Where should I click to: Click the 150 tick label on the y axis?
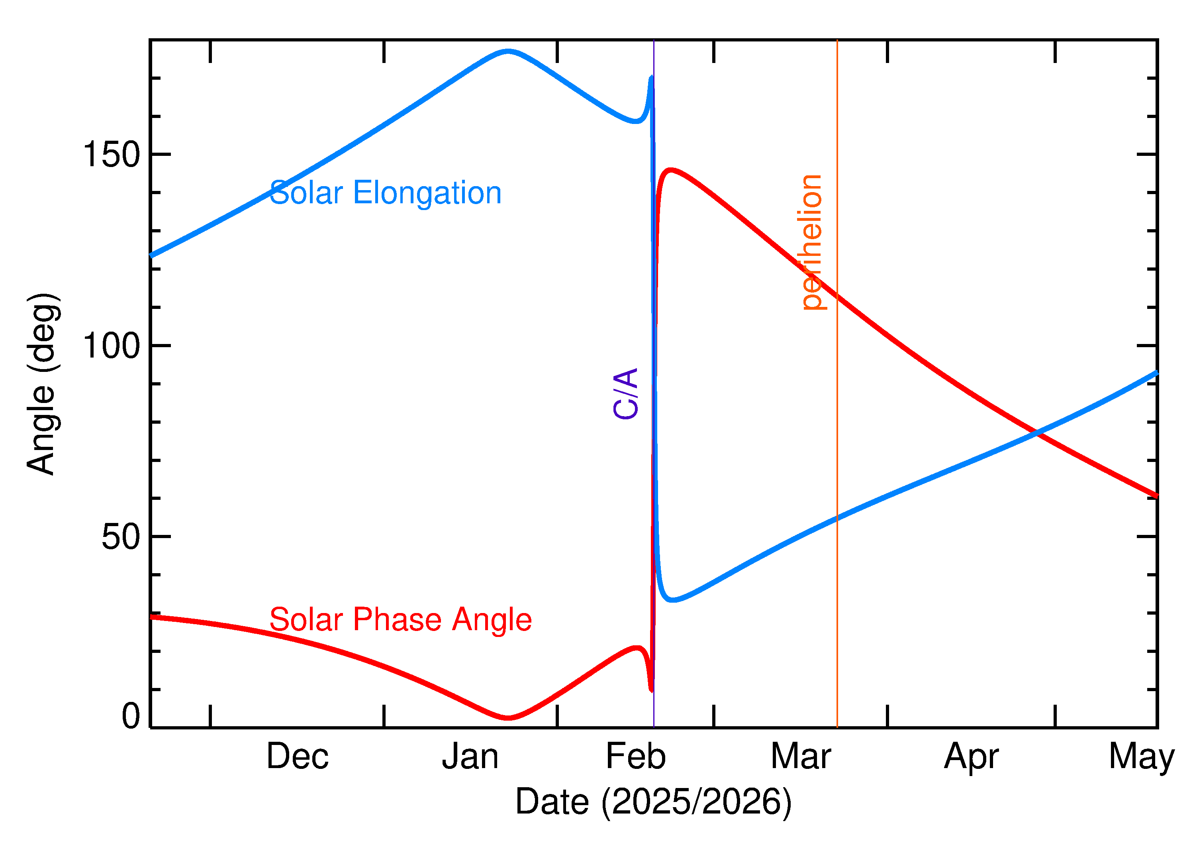click(112, 155)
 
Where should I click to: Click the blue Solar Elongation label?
click(386, 193)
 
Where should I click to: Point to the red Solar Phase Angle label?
click(400, 619)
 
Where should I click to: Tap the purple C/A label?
click(626, 393)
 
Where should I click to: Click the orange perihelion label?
click(811, 242)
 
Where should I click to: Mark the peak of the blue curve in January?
click(508, 51)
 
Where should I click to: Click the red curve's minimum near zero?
click(508, 718)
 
